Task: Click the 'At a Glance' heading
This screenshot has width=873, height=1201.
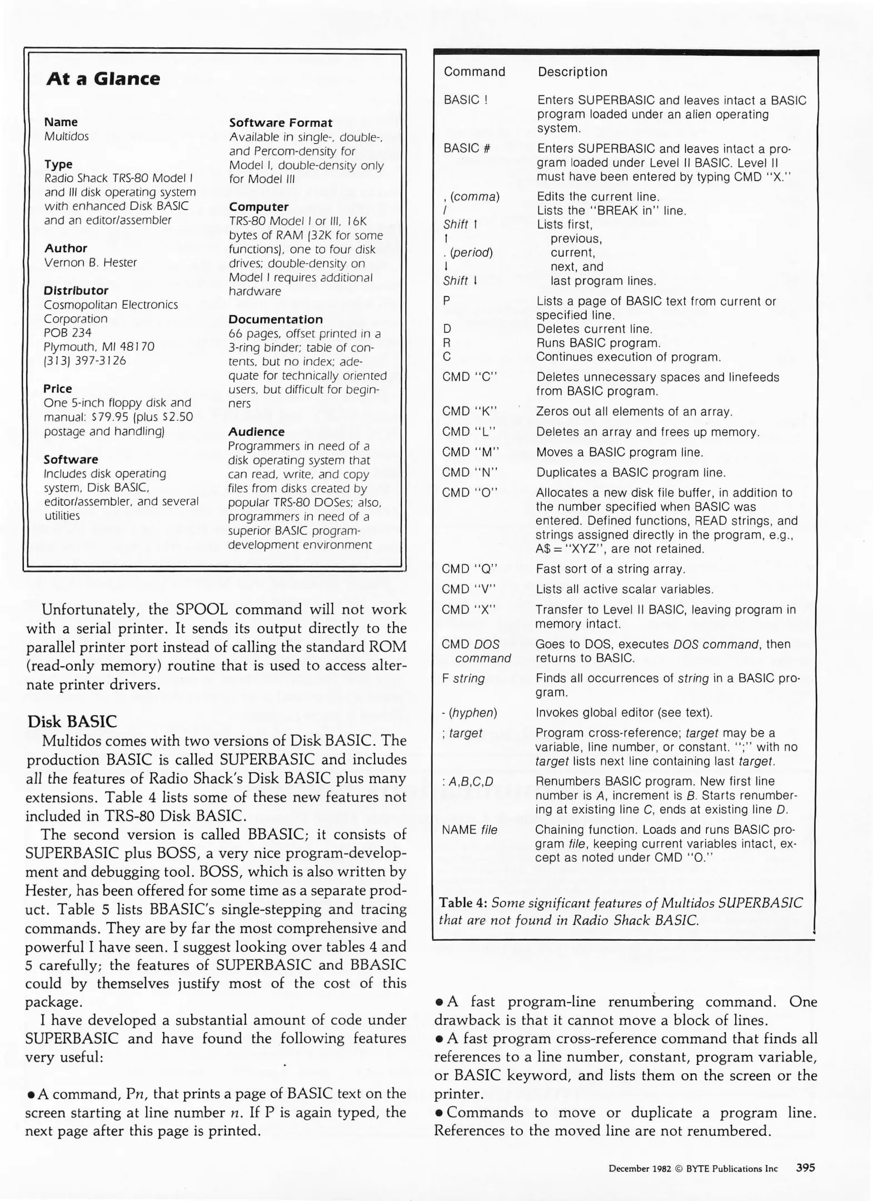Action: pos(103,79)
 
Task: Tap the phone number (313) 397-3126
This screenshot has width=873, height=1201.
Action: pos(85,360)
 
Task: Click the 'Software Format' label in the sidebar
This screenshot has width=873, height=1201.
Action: pos(281,123)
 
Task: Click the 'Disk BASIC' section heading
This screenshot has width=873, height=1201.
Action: pos(72,722)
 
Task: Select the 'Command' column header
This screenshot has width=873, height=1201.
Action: pos(474,72)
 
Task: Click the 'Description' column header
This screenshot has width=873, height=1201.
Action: pos(572,72)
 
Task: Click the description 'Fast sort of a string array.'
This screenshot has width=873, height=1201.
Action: pos(610,569)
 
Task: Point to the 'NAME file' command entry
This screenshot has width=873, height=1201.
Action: pos(469,830)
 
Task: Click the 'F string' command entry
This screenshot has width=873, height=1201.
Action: pos(463,678)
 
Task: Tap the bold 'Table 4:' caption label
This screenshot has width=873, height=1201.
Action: pos(463,903)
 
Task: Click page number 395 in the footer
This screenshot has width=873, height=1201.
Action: pos(805,1168)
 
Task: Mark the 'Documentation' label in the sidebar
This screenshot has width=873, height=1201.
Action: pos(276,320)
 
